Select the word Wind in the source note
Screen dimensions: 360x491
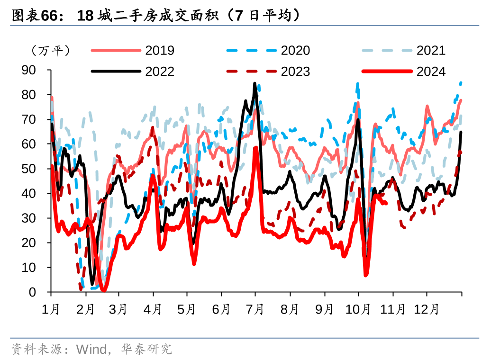(91, 350)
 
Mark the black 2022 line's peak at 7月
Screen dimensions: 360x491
(255, 84)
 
